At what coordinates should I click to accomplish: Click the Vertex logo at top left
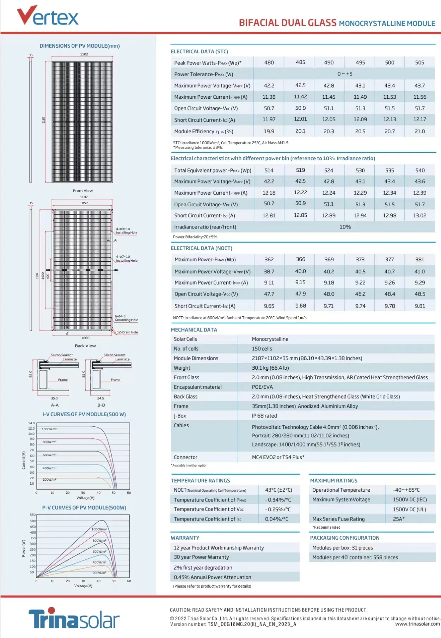tap(48, 16)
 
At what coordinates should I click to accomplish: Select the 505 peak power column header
tap(419, 62)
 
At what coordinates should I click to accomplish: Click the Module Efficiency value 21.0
tap(419, 131)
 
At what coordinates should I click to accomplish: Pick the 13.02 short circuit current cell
tap(419, 215)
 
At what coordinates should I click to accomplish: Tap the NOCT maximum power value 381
tap(419, 260)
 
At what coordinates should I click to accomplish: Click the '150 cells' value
tap(262, 348)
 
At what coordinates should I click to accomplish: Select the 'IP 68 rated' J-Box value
tap(264, 416)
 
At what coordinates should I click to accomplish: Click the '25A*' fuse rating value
tap(399, 519)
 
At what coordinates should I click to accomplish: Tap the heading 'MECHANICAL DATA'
tap(194, 330)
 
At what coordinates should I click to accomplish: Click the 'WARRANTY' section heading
tap(185, 538)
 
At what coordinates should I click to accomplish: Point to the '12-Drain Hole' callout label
tap(127, 332)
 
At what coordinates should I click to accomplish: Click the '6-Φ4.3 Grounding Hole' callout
tap(126, 318)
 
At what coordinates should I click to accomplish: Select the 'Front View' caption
tap(83, 190)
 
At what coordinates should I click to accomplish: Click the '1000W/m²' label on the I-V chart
tap(49, 429)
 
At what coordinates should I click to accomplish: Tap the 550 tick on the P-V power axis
tap(32, 515)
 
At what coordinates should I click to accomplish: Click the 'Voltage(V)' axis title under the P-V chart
tap(83, 586)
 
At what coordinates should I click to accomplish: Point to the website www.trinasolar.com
tap(417, 624)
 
